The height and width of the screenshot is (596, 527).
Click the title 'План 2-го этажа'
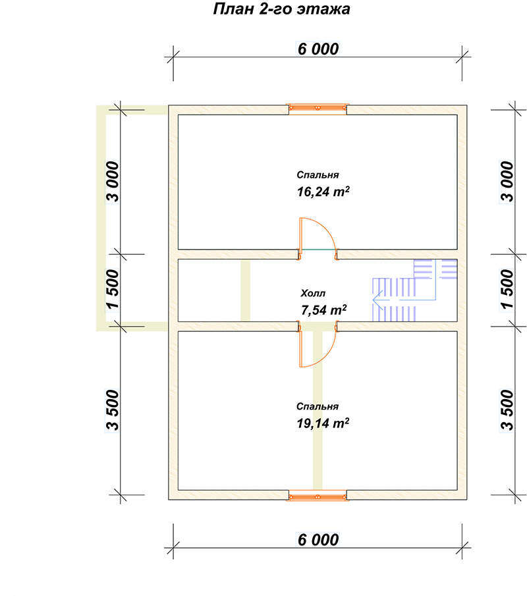pos(281,9)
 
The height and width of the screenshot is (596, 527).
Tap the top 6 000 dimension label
pos(318,49)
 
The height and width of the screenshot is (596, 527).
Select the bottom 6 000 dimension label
pos(318,540)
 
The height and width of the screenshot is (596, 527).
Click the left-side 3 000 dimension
pos(113,181)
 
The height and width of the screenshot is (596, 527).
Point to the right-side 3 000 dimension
pos(507,181)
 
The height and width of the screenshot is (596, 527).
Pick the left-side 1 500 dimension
pos(113,290)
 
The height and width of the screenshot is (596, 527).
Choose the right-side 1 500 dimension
pos(507,290)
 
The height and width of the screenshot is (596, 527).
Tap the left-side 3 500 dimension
pos(113,410)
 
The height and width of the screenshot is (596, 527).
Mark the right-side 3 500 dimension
pos(507,410)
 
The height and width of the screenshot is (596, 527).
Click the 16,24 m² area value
pos(323,192)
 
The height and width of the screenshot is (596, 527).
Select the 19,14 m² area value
pos(323,423)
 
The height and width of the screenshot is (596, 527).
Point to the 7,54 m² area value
pos(323,310)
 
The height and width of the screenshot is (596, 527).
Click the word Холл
pos(313,293)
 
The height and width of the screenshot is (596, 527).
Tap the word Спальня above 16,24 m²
pos(318,175)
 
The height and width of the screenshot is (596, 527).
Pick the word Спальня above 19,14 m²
pos(318,406)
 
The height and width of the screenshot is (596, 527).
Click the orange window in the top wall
pos(318,109)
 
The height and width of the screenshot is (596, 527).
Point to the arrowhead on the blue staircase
pos(378,300)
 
